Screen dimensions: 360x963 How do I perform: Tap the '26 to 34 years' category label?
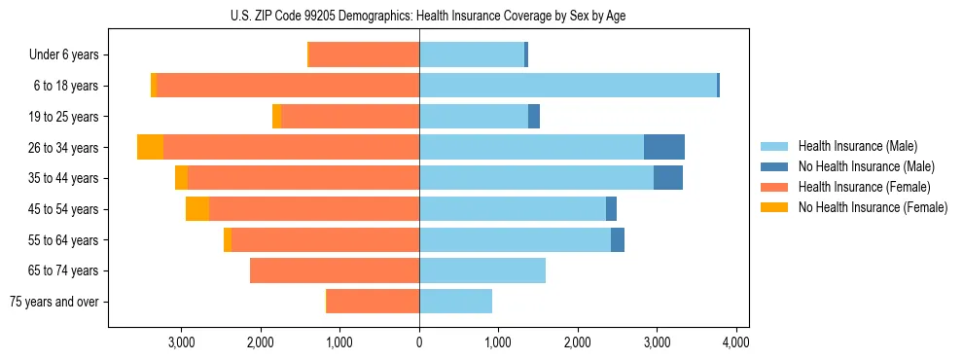pyautogui.click(x=65, y=148)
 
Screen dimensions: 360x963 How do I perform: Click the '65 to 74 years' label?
pyautogui.click(x=65, y=270)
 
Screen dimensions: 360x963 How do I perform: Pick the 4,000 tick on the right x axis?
pyautogui.click(x=735, y=342)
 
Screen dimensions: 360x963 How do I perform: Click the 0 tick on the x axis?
pyautogui.click(x=419, y=342)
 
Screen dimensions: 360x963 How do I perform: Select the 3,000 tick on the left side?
pyautogui.click(x=182, y=342)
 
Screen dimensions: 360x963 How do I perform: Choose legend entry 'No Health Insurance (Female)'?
pyautogui.click(x=873, y=207)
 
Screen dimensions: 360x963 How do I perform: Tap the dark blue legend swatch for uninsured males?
pyautogui.click(x=775, y=166)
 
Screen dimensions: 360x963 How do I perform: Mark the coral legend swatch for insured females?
pyautogui.click(x=775, y=187)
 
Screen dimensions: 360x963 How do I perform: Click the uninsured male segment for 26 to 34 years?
pyautogui.click(x=664, y=147)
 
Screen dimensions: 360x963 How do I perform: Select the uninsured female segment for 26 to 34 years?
pyautogui.click(x=150, y=147)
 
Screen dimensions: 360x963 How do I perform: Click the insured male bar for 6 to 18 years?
pyautogui.click(x=568, y=86)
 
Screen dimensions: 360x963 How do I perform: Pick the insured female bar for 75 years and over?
pyautogui.click(x=374, y=302)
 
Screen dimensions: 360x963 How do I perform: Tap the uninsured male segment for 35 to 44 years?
pyautogui.click(x=668, y=178)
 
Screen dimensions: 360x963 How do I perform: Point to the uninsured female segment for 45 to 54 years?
pyautogui.click(x=197, y=209)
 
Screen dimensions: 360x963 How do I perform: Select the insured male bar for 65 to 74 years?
pyautogui.click(x=482, y=270)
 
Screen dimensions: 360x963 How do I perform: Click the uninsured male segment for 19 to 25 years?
pyautogui.click(x=534, y=117)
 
